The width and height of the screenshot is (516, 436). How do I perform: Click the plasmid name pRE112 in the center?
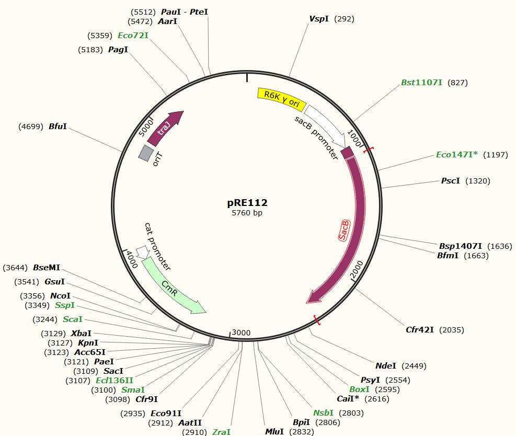pyautogui.click(x=248, y=203)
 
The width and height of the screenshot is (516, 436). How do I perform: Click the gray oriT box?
pyautogui.click(x=146, y=153)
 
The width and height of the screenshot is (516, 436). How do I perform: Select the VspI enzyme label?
pyautogui.click(x=319, y=19)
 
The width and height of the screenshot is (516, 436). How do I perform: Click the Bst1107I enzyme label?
pyautogui.click(x=421, y=83)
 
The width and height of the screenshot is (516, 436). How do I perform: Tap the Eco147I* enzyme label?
pyautogui.click(x=457, y=154)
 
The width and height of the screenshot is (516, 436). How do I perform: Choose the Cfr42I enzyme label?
pyautogui.click(x=420, y=329)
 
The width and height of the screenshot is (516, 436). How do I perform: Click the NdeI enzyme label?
pyautogui.click(x=386, y=366)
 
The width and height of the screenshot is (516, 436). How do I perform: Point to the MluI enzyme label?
pyautogui.click(x=274, y=432)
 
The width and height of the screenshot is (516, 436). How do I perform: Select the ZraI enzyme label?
pyautogui.click(x=221, y=432)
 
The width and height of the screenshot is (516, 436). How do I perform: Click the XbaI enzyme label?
pyautogui.click(x=81, y=333)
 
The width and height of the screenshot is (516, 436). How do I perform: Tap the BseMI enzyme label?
pyautogui.click(x=47, y=268)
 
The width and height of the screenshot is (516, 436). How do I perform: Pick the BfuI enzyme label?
pyautogui.click(x=58, y=126)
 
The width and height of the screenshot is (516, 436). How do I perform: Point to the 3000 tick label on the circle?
pyautogui.click(x=242, y=332)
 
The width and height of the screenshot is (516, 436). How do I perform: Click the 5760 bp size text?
pyautogui.click(x=247, y=213)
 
